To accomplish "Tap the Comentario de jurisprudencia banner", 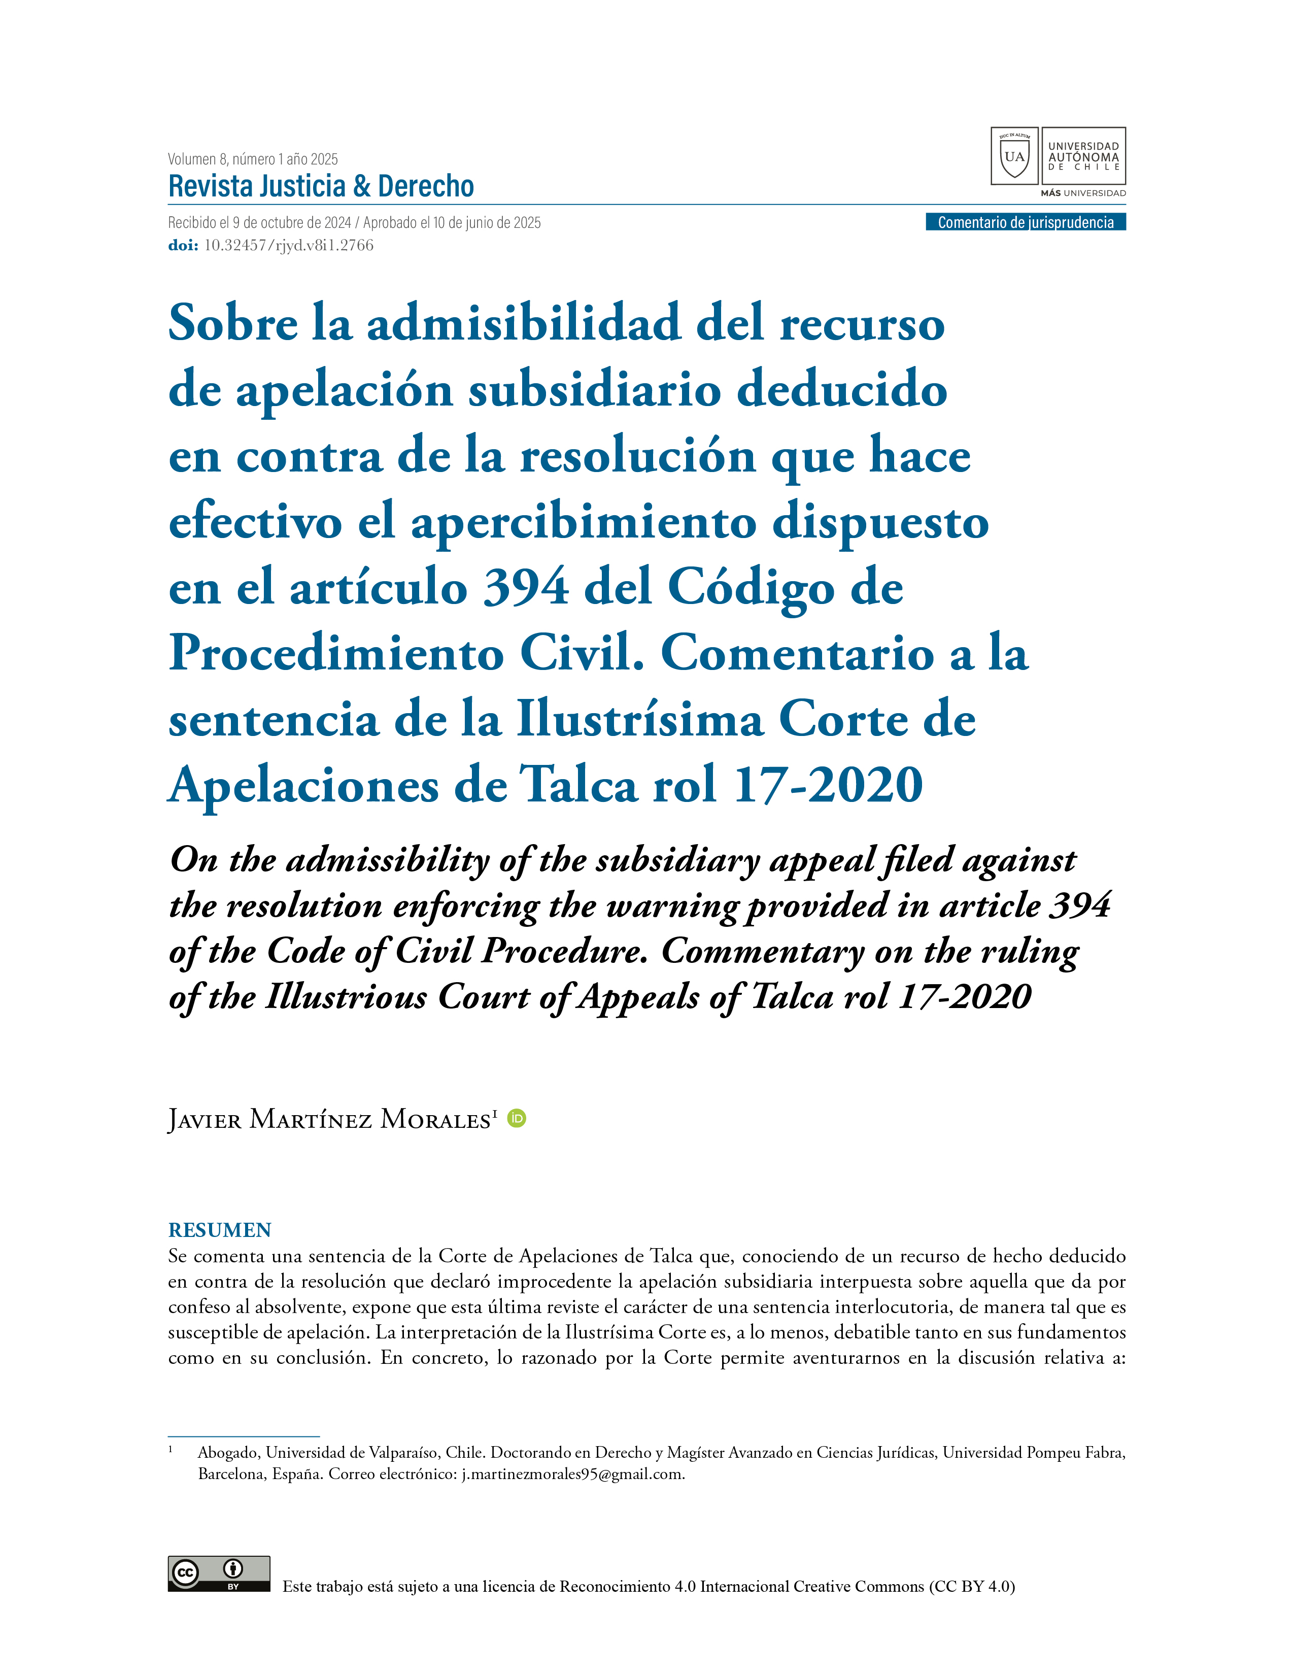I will pyautogui.click(x=1025, y=222).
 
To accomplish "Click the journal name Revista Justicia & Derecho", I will pyautogui.click(x=321, y=186).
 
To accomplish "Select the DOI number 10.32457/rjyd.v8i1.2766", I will pyautogui.click(x=288, y=246).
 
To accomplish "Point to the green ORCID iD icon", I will pyautogui.click(x=518, y=1119).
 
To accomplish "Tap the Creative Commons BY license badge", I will pyautogui.click(x=219, y=1574).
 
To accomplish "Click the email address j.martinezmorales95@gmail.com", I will pyautogui.click(x=572, y=1474).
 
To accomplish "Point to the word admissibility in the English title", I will pyautogui.click(x=388, y=860).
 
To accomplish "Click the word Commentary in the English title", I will pyautogui.click(x=762, y=952).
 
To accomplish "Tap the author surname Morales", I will pyautogui.click(x=435, y=1120).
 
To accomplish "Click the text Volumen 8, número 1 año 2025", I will pyautogui.click(x=253, y=159).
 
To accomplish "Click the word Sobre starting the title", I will pyautogui.click(x=233, y=324).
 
